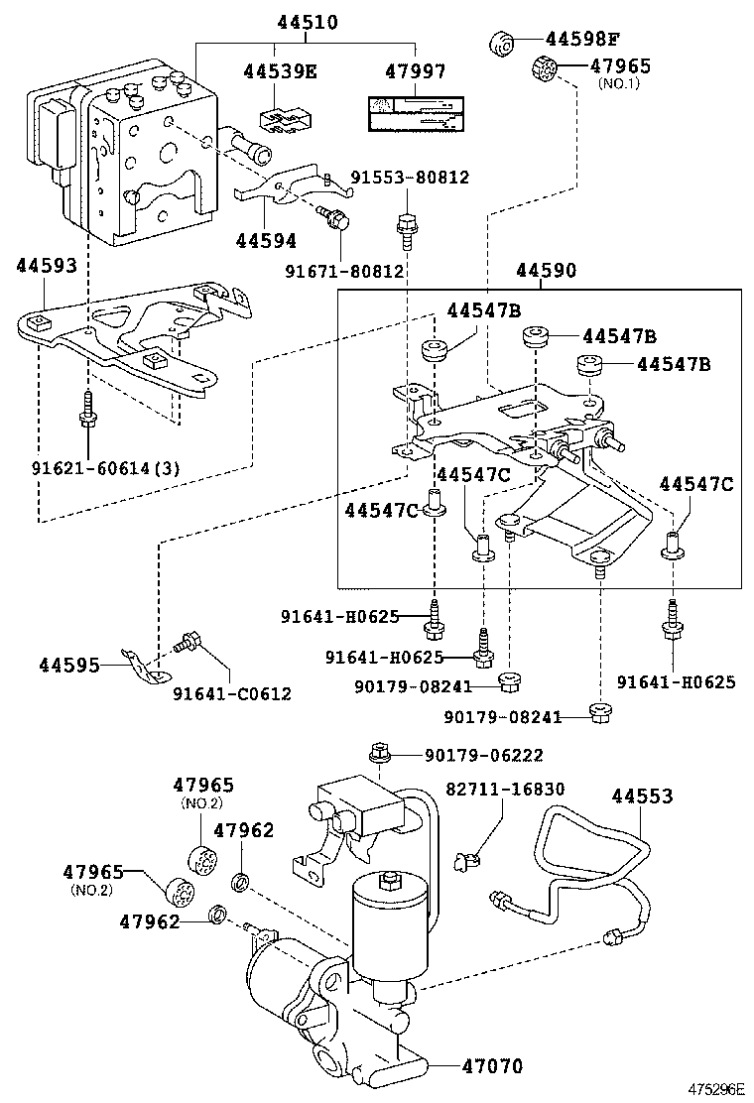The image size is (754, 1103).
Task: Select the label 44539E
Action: (x=281, y=71)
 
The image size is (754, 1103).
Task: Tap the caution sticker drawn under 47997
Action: (x=415, y=114)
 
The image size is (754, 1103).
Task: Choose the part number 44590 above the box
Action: (x=546, y=270)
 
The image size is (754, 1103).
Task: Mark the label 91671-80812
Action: (x=345, y=270)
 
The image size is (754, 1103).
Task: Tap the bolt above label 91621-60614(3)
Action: (x=88, y=408)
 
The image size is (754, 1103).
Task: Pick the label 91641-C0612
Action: (x=232, y=694)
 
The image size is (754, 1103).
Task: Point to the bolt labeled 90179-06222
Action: (x=379, y=754)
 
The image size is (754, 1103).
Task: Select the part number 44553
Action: (x=642, y=796)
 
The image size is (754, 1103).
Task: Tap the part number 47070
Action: (x=492, y=1066)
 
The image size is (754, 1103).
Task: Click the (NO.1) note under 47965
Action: (x=621, y=83)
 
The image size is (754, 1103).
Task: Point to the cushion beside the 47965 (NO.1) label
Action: (x=545, y=69)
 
